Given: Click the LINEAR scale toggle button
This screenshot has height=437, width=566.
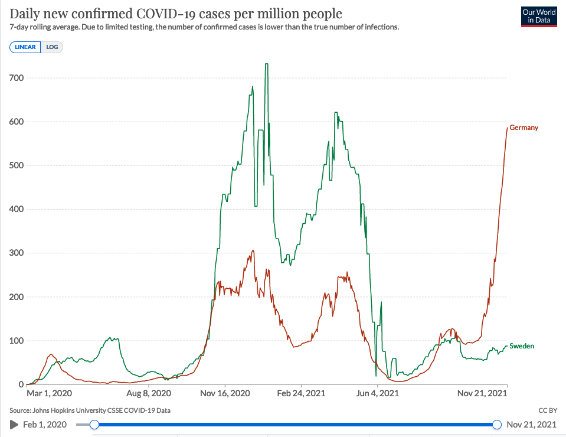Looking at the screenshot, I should pyautogui.click(x=25, y=47).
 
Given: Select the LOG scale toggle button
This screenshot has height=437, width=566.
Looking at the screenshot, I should pyautogui.click(x=52, y=47).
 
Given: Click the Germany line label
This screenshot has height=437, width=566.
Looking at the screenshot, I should pyautogui.click(x=524, y=128).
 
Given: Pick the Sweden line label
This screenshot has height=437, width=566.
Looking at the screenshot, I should pyautogui.click(x=522, y=346).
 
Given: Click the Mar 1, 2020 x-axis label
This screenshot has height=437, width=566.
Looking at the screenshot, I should pyautogui.click(x=49, y=393).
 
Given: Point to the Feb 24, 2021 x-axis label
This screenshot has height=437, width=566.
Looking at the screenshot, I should pyautogui.click(x=302, y=393).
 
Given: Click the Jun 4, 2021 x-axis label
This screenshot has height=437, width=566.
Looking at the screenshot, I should pyautogui.click(x=376, y=393).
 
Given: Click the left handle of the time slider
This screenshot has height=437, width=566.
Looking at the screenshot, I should pyautogui.click(x=94, y=425).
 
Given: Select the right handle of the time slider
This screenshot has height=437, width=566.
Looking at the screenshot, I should pyautogui.click(x=496, y=425).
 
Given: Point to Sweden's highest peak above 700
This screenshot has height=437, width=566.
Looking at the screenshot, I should pyautogui.click(x=267, y=64).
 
